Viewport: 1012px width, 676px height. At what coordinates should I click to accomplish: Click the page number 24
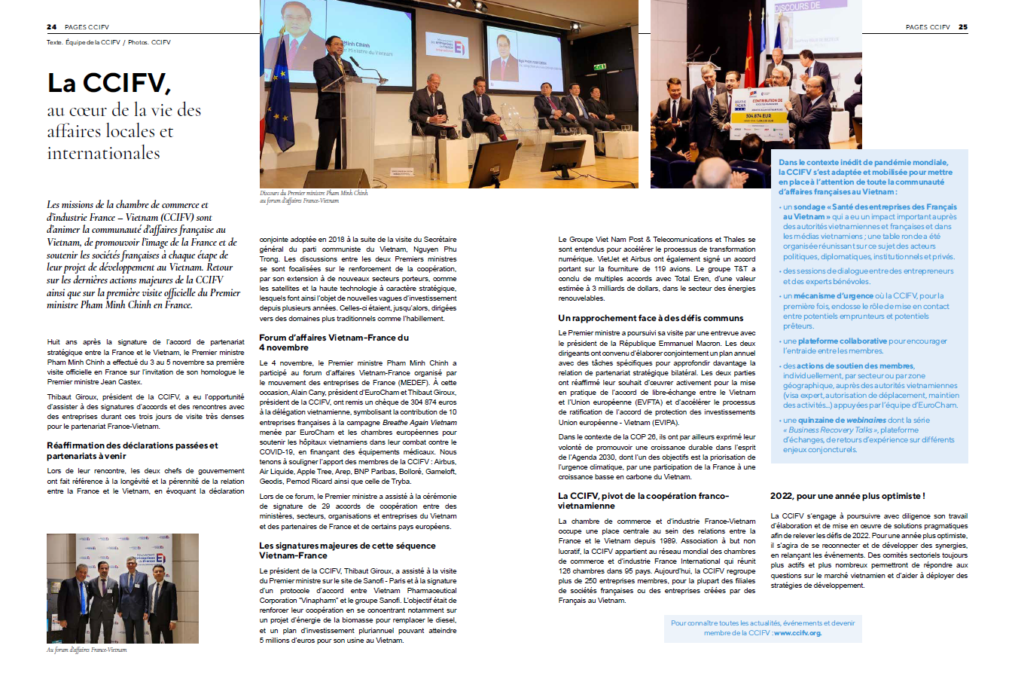(x=51, y=27)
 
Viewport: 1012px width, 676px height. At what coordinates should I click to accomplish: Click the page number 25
(x=963, y=27)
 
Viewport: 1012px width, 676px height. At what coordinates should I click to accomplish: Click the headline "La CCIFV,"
(x=109, y=83)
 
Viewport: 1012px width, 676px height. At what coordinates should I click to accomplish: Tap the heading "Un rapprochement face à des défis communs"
(x=651, y=318)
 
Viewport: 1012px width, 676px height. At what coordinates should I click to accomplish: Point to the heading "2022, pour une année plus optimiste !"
(x=847, y=496)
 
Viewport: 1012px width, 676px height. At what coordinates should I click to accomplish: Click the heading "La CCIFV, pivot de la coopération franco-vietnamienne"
(x=643, y=500)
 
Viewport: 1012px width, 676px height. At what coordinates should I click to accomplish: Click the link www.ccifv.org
(x=797, y=633)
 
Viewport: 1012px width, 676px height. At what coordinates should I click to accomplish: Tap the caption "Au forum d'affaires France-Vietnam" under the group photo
(x=87, y=650)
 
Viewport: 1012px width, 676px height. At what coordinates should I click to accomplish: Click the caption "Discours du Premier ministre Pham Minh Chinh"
(x=314, y=193)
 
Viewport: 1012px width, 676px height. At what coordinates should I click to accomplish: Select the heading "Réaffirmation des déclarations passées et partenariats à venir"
(x=132, y=451)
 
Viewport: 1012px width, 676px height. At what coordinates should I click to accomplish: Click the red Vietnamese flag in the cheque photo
(x=750, y=53)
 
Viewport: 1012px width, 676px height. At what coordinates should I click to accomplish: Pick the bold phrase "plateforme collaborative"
(x=842, y=341)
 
